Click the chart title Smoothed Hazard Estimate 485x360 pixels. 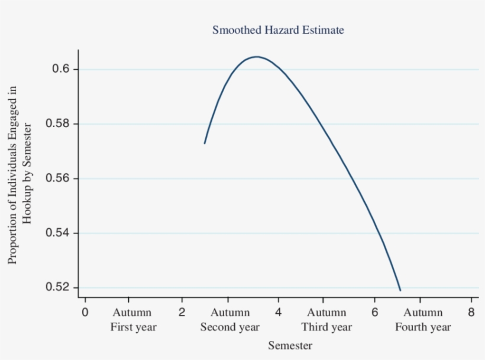(x=277, y=30)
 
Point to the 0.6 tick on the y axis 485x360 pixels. (x=61, y=69)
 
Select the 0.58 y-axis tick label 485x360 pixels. (x=57, y=124)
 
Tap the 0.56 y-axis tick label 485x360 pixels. (x=57, y=179)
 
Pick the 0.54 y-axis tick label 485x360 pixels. (x=57, y=233)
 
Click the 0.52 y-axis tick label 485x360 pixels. (x=57, y=288)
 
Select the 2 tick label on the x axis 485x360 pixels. (x=182, y=312)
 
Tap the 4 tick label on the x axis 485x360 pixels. (x=278, y=312)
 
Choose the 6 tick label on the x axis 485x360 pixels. (x=374, y=312)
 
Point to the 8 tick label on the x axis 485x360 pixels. (x=471, y=312)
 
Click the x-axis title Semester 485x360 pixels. (x=290, y=345)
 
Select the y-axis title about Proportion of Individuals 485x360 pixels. (x=19, y=174)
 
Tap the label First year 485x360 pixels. (x=133, y=327)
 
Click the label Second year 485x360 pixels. (x=229, y=327)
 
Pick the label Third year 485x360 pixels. (x=326, y=327)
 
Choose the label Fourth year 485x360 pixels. (x=423, y=327)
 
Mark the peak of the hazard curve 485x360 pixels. (x=256, y=57)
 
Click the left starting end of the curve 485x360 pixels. (x=205, y=143)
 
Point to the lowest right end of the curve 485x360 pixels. (x=400, y=290)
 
